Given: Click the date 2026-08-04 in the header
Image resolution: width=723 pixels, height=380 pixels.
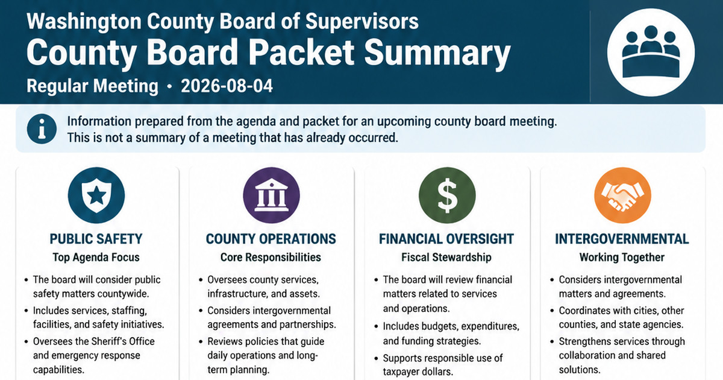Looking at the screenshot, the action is tap(227, 86).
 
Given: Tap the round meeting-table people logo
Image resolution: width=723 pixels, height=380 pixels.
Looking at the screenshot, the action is tap(651, 52).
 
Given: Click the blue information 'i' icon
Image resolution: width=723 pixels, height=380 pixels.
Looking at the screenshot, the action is tap(42, 129).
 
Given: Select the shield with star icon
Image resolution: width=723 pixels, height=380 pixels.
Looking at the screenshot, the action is tap(96, 195).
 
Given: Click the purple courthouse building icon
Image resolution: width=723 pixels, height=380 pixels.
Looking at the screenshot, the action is tap(272, 195).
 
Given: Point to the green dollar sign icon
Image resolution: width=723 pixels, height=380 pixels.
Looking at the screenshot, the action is tap(447, 195).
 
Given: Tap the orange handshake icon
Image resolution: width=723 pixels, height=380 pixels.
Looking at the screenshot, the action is tap(622, 195).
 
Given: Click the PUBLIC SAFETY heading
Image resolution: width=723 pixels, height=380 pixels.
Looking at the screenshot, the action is tap(96, 239).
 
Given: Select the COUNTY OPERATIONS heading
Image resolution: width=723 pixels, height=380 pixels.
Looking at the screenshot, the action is tap(271, 239).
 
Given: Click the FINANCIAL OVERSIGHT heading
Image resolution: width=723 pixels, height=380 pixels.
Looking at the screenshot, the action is tap(446, 239).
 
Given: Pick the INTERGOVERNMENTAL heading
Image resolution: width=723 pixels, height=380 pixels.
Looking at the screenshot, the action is tap(622, 239).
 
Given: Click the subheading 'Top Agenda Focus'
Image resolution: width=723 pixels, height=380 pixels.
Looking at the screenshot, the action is tap(96, 258).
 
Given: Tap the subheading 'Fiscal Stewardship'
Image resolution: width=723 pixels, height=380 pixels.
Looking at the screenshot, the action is tap(446, 258).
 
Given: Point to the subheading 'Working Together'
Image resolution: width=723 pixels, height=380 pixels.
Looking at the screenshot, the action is tap(622, 258).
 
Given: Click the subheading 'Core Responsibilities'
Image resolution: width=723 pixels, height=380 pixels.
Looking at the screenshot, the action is tap(271, 258).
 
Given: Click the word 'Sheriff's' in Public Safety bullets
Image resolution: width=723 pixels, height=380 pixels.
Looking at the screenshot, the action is tap(108, 341).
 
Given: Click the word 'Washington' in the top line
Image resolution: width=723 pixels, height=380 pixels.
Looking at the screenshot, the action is tap(84, 22).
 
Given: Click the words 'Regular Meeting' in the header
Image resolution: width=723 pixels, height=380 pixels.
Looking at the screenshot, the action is tap(93, 86).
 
